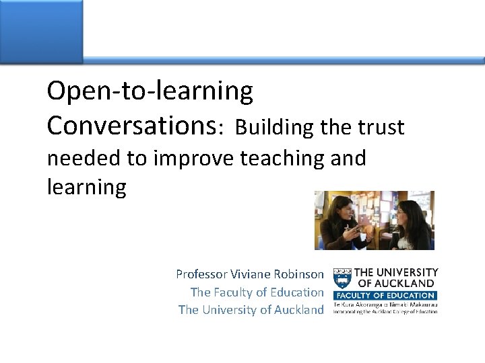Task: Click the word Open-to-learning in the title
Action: pyautogui.click(x=150, y=91)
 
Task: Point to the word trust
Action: pyautogui.click(x=381, y=127)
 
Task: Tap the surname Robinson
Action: pyautogui.click(x=296, y=274)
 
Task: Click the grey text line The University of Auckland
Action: pyautogui.click(x=251, y=310)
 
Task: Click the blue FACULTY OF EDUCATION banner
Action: pyautogui.click(x=385, y=295)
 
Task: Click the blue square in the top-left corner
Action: pyautogui.click(x=40, y=31)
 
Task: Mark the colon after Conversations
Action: pyautogui.click(x=221, y=128)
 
